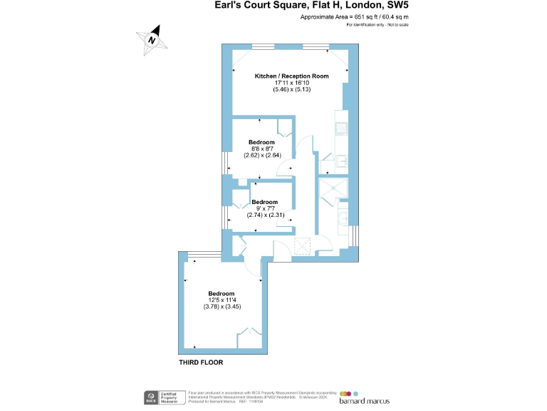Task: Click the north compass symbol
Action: pyautogui.click(x=152, y=40)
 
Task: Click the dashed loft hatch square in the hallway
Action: pyautogui.click(x=303, y=246)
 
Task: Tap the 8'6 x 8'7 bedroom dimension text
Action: pyautogui.click(x=261, y=148)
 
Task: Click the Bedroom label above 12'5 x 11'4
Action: pyautogui.click(x=221, y=293)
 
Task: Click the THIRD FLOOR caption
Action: pyautogui.click(x=201, y=362)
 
